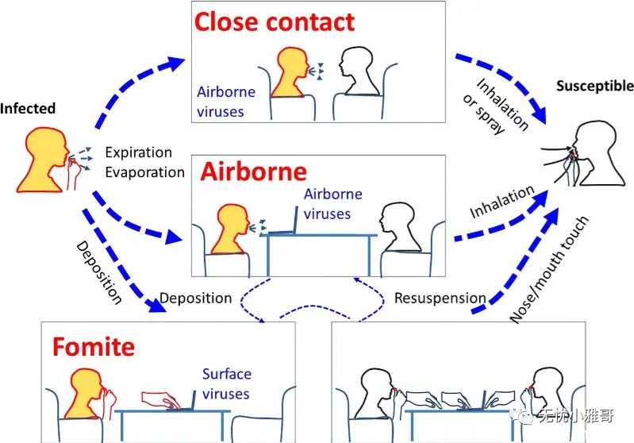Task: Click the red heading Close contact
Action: pyautogui.click(x=275, y=22)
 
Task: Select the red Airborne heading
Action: pyautogui.click(x=253, y=171)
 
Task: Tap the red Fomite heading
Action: pyautogui.click(x=94, y=347)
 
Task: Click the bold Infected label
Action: pyautogui.click(x=28, y=109)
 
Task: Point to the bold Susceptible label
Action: pyautogui.click(x=595, y=86)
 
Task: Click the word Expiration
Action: pyautogui.click(x=139, y=152)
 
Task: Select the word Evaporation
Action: pyautogui.click(x=144, y=172)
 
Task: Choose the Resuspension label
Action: pyautogui.click(x=440, y=299)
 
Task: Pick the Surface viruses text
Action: pyautogui.click(x=226, y=383)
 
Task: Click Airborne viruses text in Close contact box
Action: pyautogui.click(x=226, y=102)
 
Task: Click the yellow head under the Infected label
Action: pyautogui.click(x=43, y=160)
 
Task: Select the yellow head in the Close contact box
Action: pyautogui.click(x=290, y=72)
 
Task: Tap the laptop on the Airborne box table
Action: pyautogui.click(x=283, y=221)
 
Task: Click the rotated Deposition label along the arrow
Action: pyautogui.click(x=99, y=272)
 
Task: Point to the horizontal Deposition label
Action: pyautogui.click(x=196, y=299)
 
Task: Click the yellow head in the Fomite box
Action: pyautogui.click(x=87, y=393)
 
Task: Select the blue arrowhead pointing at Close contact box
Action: pyautogui.click(x=175, y=63)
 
